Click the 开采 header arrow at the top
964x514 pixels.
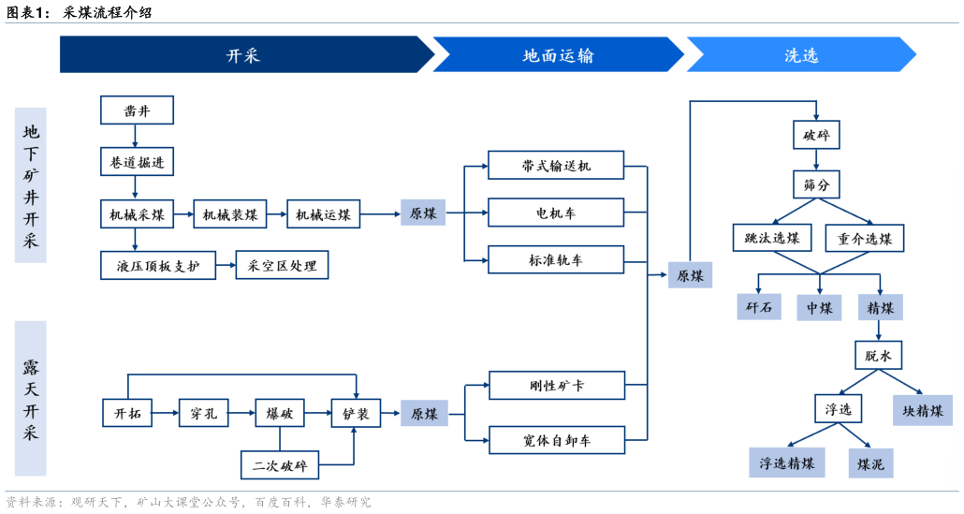click(x=243, y=55)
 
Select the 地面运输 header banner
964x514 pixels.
click(x=558, y=55)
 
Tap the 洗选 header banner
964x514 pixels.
click(x=800, y=55)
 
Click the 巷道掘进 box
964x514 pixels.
click(x=137, y=162)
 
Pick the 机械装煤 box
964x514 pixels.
click(x=230, y=214)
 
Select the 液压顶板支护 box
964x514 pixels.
click(x=158, y=266)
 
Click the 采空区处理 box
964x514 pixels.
click(x=282, y=266)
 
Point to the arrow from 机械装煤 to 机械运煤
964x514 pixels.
click(x=277, y=214)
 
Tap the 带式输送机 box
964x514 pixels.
click(x=556, y=167)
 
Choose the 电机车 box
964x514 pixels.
click(x=556, y=213)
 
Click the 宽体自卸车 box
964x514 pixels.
click(x=556, y=439)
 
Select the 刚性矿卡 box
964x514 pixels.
click(x=556, y=385)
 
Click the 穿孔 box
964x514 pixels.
click(x=203, y=413)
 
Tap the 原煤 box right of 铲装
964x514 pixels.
click(x=424, y=413)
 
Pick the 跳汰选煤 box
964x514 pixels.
click(x=772, y=238)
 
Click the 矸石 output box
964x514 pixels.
click(x=759, y=307)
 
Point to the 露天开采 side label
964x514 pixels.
click(x=31, y=399)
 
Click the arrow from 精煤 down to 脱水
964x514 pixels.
click(x=878, y=330)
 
